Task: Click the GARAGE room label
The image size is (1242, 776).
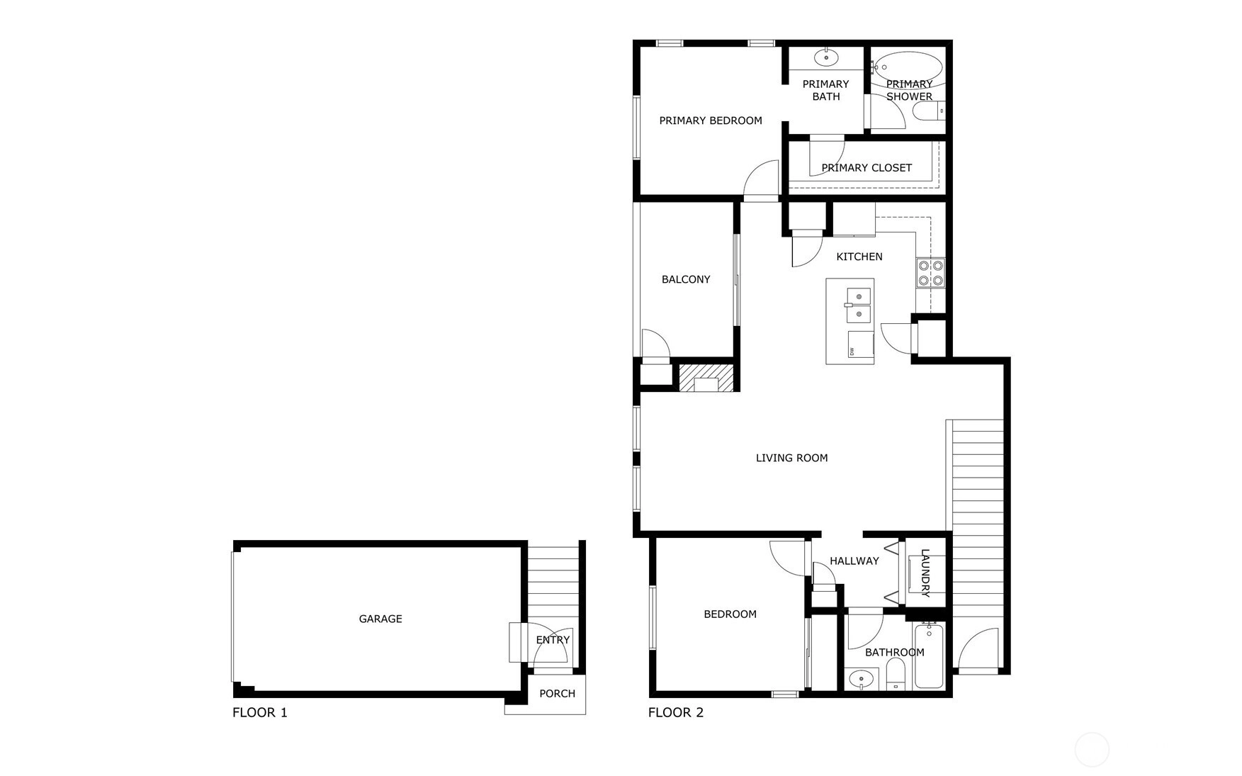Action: click(380, 619)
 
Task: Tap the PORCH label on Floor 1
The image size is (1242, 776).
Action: click(557, 694)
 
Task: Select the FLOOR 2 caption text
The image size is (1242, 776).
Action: click(676, 712)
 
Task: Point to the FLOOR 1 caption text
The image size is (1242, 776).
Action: click(260, 712)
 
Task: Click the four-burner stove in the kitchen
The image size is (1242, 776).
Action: click(930, 273)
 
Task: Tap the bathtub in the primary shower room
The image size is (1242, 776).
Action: click(908, 68)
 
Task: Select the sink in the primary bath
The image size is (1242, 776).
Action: click(825, 57)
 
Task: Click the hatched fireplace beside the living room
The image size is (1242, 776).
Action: click(706, 377)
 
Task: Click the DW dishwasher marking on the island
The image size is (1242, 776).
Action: click(852, 351)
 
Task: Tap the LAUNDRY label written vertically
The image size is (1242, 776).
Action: click(925, 573)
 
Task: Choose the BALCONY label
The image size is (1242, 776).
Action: click(686, 279)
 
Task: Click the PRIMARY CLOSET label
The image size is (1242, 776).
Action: click(866, 168)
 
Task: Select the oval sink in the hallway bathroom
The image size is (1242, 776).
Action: click(862, 678)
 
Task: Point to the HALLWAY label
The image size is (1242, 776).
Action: click(854, 561)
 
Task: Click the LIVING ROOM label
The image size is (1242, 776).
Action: click(791, 458)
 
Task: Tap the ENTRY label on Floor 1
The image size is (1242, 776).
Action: click(553, 640)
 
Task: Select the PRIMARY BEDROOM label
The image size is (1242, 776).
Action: click(711, 120)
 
